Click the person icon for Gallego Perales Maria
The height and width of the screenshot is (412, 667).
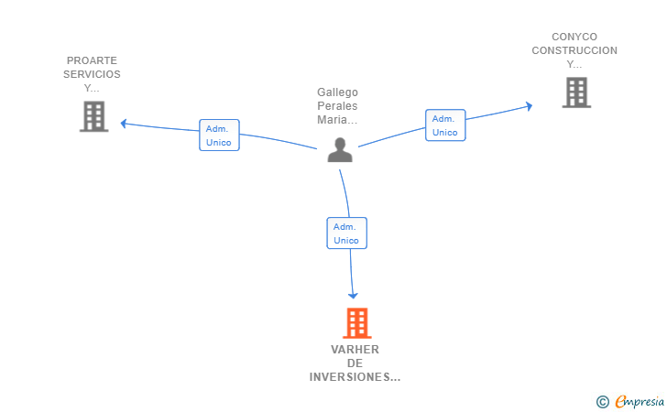(x=340, y=150)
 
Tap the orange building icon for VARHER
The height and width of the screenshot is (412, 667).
(x=356, y=323)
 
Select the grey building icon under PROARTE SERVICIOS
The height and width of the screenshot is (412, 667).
(x=93, y=116)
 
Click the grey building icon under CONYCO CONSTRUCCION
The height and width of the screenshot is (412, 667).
(x=576, y=92)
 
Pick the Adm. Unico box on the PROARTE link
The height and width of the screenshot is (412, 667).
(x=219, y=136)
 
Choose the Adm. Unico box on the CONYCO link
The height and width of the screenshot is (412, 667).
(x=445, y=125)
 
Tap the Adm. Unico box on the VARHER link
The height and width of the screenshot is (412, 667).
(x=346, y=233)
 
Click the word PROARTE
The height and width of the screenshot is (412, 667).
(x=92, y=60)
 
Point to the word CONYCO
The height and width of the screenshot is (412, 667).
(x=574, y=38)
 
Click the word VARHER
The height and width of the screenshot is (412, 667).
(x=355, y=350)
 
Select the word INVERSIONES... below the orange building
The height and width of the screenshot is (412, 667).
(x=355, y=377)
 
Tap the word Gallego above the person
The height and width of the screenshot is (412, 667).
(x=337, y=92)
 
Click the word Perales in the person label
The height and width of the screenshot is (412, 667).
(x=337, y=106)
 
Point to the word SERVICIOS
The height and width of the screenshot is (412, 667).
(x=92, y=74)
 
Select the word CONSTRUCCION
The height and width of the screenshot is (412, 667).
(x=574, y=51)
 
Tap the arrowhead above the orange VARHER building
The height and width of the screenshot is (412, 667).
(x=353, y=294)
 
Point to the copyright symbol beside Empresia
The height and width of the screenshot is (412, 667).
(x=602, y=401)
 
